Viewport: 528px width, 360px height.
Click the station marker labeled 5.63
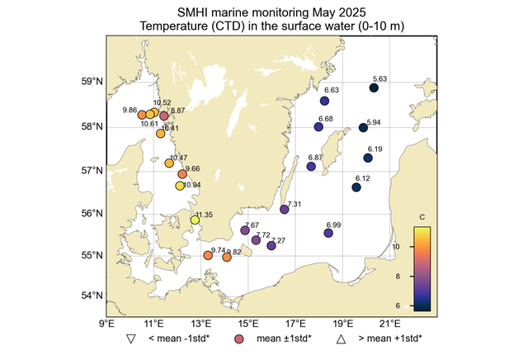tap(374, 88)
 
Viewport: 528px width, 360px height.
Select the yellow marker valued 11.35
tap(196, 220)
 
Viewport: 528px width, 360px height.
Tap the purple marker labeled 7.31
tap(285, 210)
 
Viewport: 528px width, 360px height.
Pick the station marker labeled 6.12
tap(356, 187)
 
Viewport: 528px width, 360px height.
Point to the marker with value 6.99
tap(328, 234)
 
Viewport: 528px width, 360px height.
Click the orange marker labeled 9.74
tap(208, 255)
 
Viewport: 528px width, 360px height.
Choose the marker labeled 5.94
tap(364, 127)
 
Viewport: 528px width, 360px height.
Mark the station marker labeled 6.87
tap(311, 167)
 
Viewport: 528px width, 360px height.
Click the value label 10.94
tap(191, 185)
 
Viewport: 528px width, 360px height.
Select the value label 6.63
tap(332, 90)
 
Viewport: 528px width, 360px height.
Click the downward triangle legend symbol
tap(130, 339)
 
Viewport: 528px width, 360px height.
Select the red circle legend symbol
tap(239, 339)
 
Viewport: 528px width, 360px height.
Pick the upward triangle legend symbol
tap(340, 339)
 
